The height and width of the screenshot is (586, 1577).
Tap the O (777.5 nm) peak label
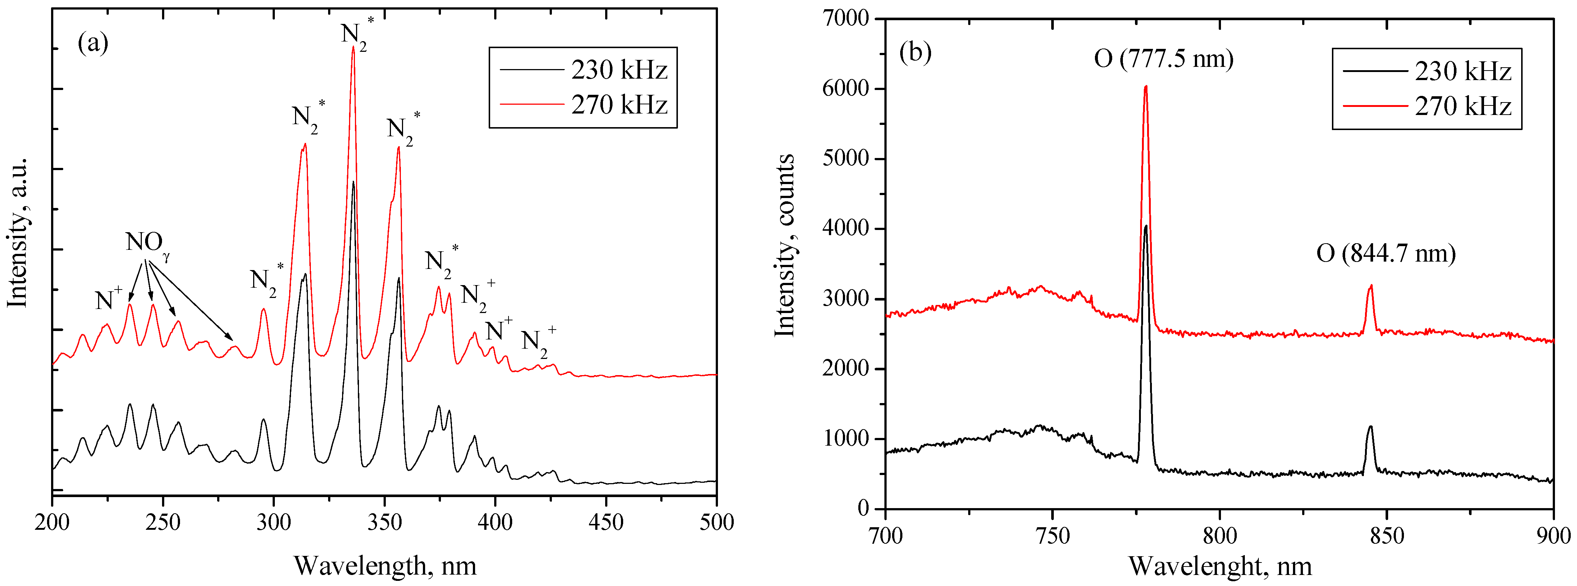pyautogui.click(x=1163, y=59)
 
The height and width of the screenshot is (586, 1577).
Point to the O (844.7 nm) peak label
pyautogui.click(x=1385, y=253)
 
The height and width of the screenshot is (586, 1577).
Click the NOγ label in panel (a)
pyautogui.click(x=147, y=243)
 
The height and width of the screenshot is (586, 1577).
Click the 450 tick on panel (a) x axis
pyautogui.click(x=606, y=522)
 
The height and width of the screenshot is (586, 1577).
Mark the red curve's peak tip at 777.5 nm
pyautogui.click(x=1145, y=86)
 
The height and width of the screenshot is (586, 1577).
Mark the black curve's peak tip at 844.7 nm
pyautogui.click(x=1370, y=427)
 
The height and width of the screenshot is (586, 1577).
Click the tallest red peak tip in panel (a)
pyautogui.click(x=353, y=47)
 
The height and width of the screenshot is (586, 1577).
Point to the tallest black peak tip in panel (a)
pyautogui.click(x=353, y=182)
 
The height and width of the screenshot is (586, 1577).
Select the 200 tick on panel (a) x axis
pyautogui.click(x=53, y=522)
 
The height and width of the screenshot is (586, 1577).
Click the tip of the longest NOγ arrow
pyautogui.click(x=233, y=340)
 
